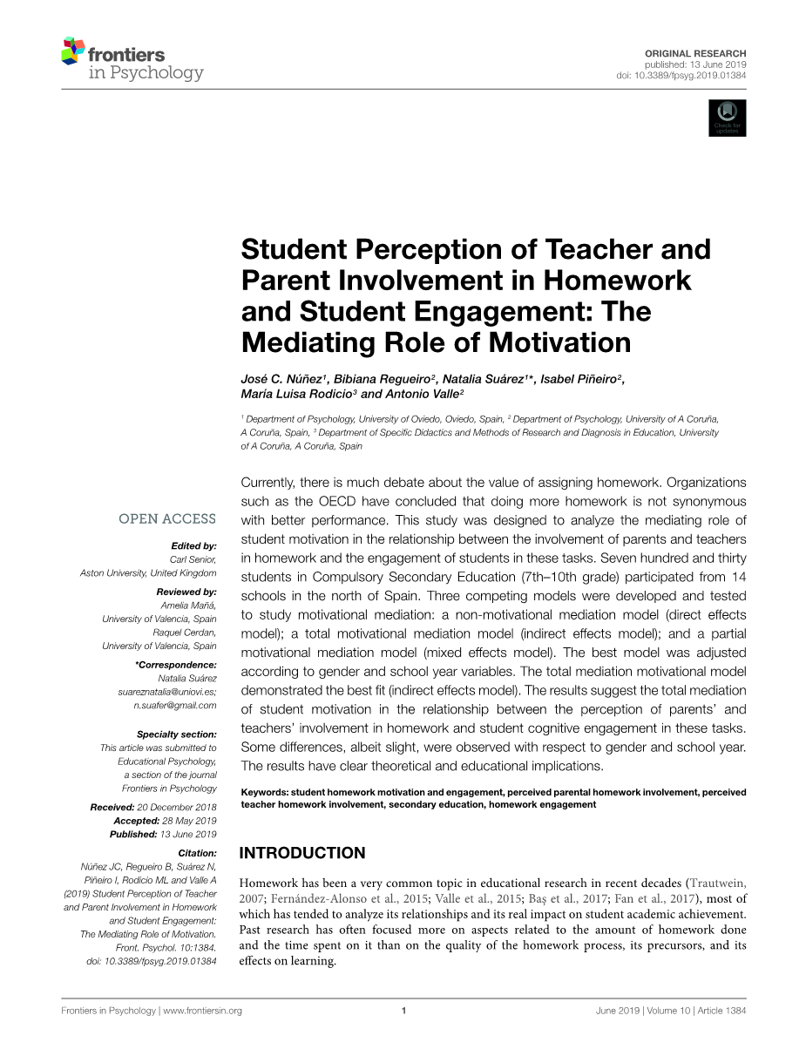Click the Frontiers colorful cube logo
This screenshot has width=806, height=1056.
[73, 52]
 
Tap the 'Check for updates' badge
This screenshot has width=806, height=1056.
[728, 118]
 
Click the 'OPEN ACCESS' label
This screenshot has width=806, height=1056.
[167, 519]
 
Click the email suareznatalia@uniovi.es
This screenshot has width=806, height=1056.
[167, 691]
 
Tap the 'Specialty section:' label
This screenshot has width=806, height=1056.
[177, 734]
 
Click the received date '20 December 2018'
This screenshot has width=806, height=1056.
[177, 808]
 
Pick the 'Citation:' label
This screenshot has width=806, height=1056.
[197, 853]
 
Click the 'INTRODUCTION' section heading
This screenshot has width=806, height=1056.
[302, 853]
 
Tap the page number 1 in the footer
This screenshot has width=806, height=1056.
[404, 1011]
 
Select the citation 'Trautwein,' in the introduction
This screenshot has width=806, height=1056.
[717, 883]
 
